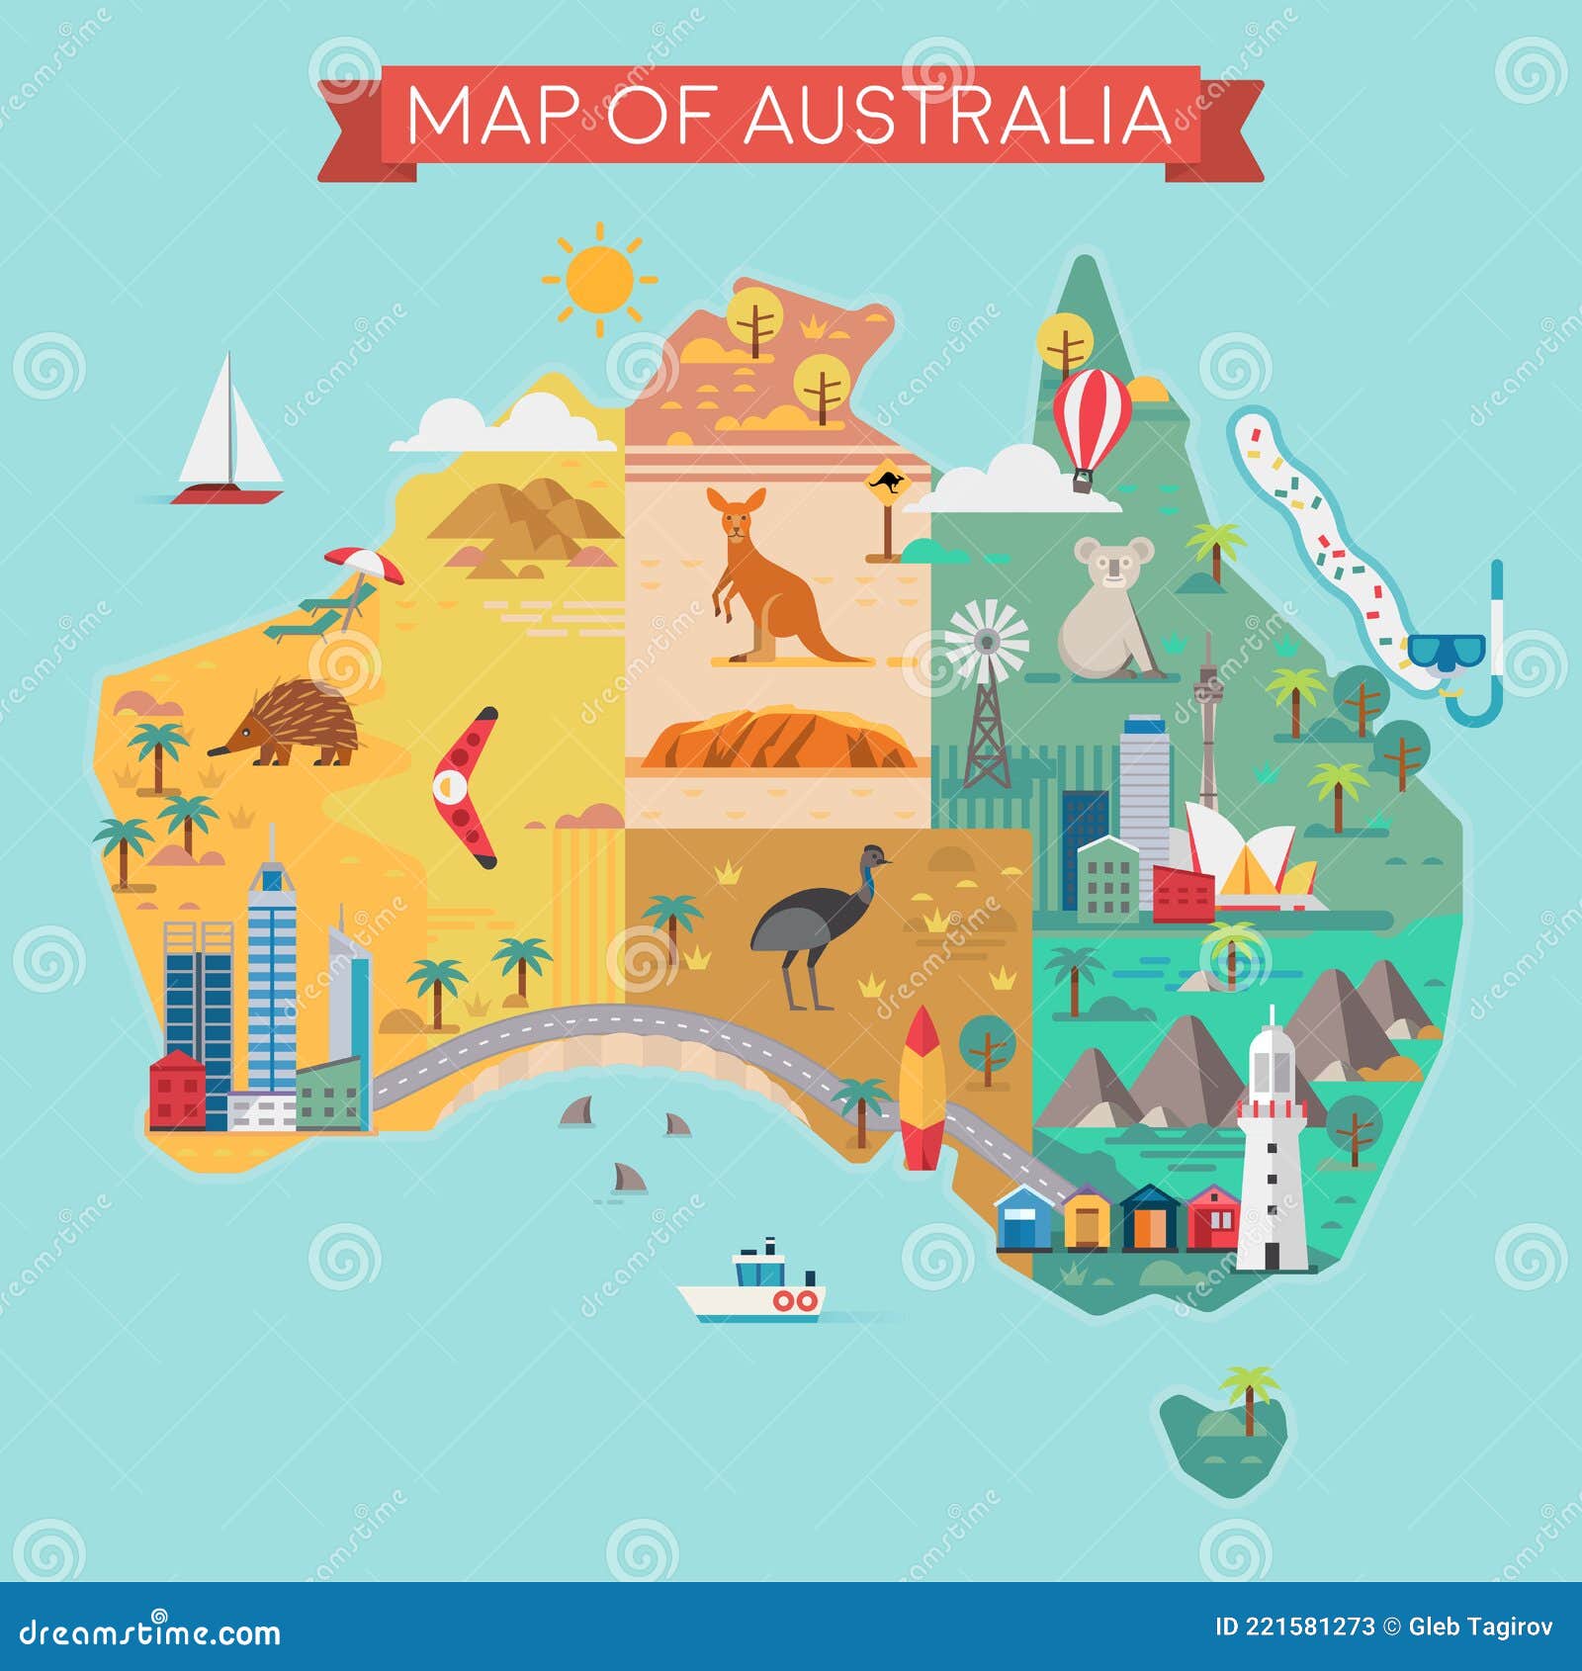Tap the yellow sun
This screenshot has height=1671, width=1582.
click(597, 278)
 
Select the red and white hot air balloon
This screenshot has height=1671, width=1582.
click(1092, 420)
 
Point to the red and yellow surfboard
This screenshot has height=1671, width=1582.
click(922, 1088)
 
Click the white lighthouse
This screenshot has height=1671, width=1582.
click(1271, 1147)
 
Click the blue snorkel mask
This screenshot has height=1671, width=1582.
click(1447, 653)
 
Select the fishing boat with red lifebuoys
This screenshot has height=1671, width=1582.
click(756, 1285)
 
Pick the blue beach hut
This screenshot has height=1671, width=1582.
click(1024, 1218)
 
